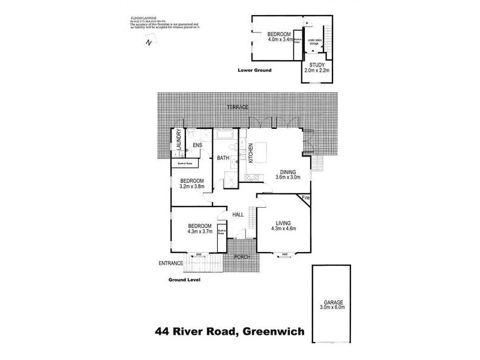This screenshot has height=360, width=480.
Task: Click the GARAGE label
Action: tap(332, 303)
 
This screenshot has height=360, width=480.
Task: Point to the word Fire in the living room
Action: tap(305, 197)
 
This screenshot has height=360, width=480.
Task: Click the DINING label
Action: tap(287, 171)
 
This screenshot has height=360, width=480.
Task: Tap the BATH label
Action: tap(223, 158)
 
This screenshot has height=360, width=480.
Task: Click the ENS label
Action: tap(197, 144)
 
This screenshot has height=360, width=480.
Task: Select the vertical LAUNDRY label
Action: tap(178, 142)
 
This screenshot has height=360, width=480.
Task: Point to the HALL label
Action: tap(238, 214)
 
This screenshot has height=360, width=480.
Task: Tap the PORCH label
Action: tap(241, 257)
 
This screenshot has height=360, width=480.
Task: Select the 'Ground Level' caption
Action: tap(184, 280)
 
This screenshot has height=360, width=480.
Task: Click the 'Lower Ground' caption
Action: tap(254, 70)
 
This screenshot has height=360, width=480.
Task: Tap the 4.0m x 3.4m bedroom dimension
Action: tap(280, 40)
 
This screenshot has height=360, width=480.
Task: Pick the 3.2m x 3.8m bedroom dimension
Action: tap(193, 187)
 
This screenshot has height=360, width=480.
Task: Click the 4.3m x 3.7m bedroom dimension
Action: tap(200, 231)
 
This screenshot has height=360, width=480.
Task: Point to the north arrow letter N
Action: tap(148, 43)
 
